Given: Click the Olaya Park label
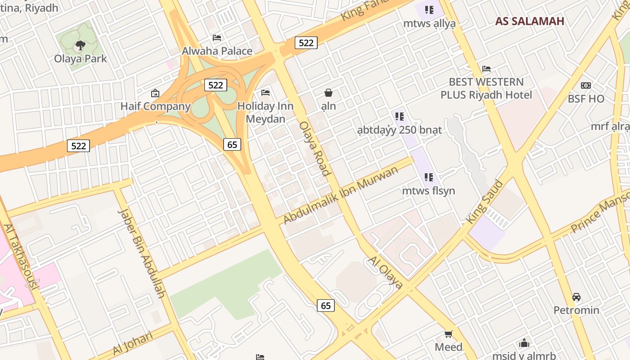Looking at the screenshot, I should [81, 58].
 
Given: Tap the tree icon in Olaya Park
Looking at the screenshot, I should [81, 45].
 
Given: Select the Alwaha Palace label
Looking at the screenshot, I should [217, 51].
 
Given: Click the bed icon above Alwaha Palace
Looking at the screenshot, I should [217, 38].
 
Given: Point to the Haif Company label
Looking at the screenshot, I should [155, 106].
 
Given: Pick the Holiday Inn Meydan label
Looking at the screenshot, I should [265, 112].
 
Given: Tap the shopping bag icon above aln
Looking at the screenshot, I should [328, 93].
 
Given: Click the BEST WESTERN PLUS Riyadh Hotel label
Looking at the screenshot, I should [486, 88].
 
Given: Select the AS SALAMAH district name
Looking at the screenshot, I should [530, 21].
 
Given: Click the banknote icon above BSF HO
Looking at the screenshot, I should [585, 85].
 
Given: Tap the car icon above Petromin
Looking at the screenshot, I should [576, 297].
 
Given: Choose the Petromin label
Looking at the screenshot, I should [576, 310].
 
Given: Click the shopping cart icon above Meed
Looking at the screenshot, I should [448, 334].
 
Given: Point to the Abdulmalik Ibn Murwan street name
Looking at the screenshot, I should [341, 195].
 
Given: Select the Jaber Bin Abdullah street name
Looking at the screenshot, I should [141, 253].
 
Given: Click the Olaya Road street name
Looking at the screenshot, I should [314, 148].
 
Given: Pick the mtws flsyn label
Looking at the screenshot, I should [428, 191].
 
